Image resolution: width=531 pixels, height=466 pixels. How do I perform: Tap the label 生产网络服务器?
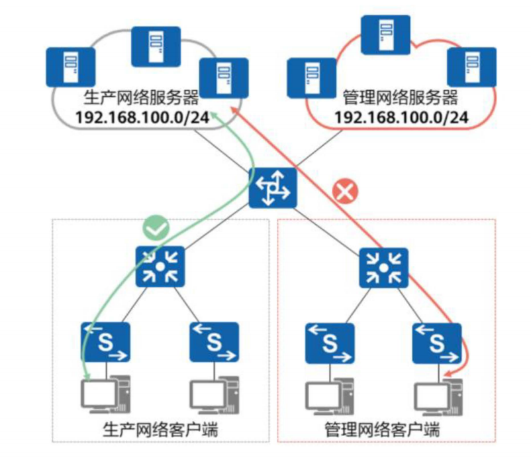point(142,98)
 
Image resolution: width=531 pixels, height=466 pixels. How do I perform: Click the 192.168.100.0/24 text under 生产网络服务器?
point(143,117)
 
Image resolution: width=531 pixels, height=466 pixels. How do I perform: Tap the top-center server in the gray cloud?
point(156,46)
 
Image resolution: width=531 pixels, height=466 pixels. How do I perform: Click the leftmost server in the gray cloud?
point(70,66)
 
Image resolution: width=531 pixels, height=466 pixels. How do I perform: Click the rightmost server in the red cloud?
point(471,67)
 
